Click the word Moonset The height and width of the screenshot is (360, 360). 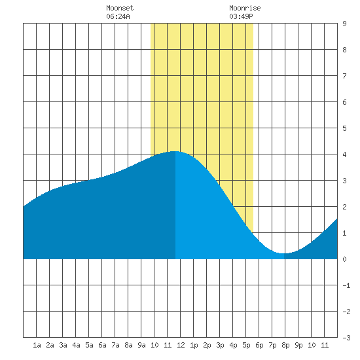[120, 9]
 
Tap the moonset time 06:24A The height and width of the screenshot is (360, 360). [118, 16]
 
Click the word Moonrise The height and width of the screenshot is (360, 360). [245, 9]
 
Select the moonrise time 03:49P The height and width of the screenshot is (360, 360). [241, 16]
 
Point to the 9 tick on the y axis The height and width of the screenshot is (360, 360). [344, 24]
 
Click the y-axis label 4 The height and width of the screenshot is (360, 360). [344, 154]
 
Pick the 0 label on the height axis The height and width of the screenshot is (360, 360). [344, 259]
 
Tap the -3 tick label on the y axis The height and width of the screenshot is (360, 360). [346, 338]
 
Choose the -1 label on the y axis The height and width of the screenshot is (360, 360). [346, 285]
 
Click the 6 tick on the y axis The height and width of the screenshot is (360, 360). [344, 102]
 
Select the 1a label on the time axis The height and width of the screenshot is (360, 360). [37, 345]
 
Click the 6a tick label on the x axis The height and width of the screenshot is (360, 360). [102, 345]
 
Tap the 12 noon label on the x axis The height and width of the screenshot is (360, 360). [181, 345]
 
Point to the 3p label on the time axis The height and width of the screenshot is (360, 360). [220, 345]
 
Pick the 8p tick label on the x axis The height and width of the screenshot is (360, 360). [285, 345]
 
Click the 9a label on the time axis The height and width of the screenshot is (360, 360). [141, 345]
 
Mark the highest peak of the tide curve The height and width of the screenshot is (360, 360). [175, 151]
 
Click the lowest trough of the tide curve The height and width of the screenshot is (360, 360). [284, 253]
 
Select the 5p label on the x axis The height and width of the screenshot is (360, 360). [246, 345]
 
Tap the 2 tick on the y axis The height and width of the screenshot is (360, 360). [344, 207]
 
